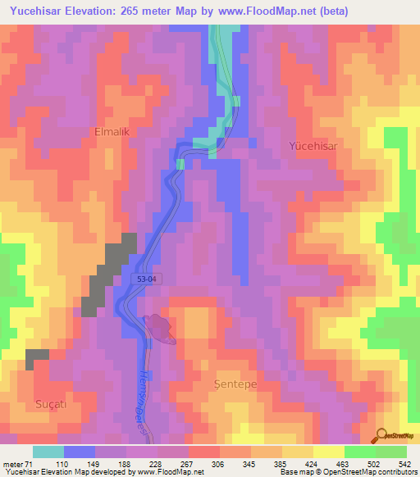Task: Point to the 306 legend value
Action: click(218, 463)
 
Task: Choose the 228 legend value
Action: click(156, 463)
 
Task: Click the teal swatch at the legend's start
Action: click(48, 452)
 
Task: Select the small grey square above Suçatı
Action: click(37, 356)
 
